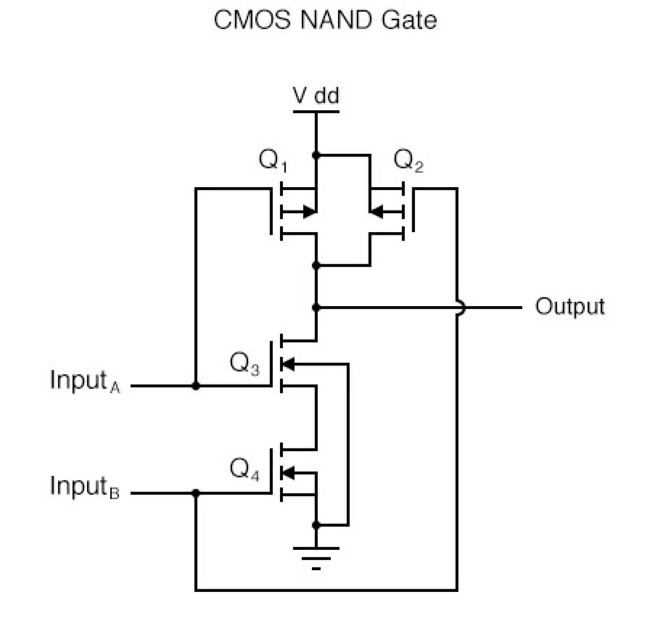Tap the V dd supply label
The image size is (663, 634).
pos(316,96)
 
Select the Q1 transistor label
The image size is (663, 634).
pos(272,161)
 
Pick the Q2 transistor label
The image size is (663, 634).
pos(408,161)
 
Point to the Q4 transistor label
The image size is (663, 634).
pos(244,470)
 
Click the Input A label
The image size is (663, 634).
pos(84,381)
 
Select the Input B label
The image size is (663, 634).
pos(84,487)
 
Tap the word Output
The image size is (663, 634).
pos(570,307)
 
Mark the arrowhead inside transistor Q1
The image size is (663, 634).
pos(309,212)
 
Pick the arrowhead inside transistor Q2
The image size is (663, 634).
pos(376,212)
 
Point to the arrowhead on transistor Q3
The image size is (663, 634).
pos(288,364)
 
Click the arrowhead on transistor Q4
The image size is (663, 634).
pos(288,472)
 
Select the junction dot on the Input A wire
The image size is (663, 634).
pos(196,386)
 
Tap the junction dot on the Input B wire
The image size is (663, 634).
pos(196,493)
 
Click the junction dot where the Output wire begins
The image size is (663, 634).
pos(316,308)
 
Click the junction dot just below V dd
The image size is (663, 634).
pos(316,155)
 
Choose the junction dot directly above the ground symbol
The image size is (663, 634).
pos(316,525)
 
